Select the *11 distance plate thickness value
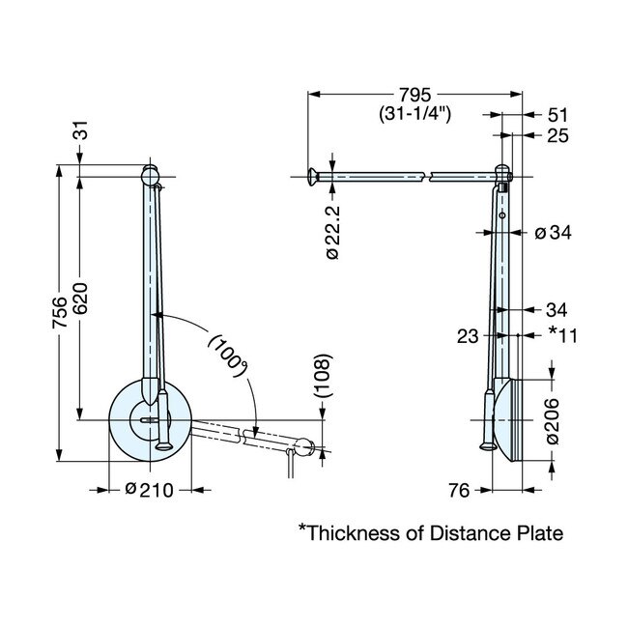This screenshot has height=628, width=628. (564, 334)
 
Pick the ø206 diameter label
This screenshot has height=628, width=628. (552, 420)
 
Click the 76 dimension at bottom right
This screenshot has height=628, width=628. (459, 491)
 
